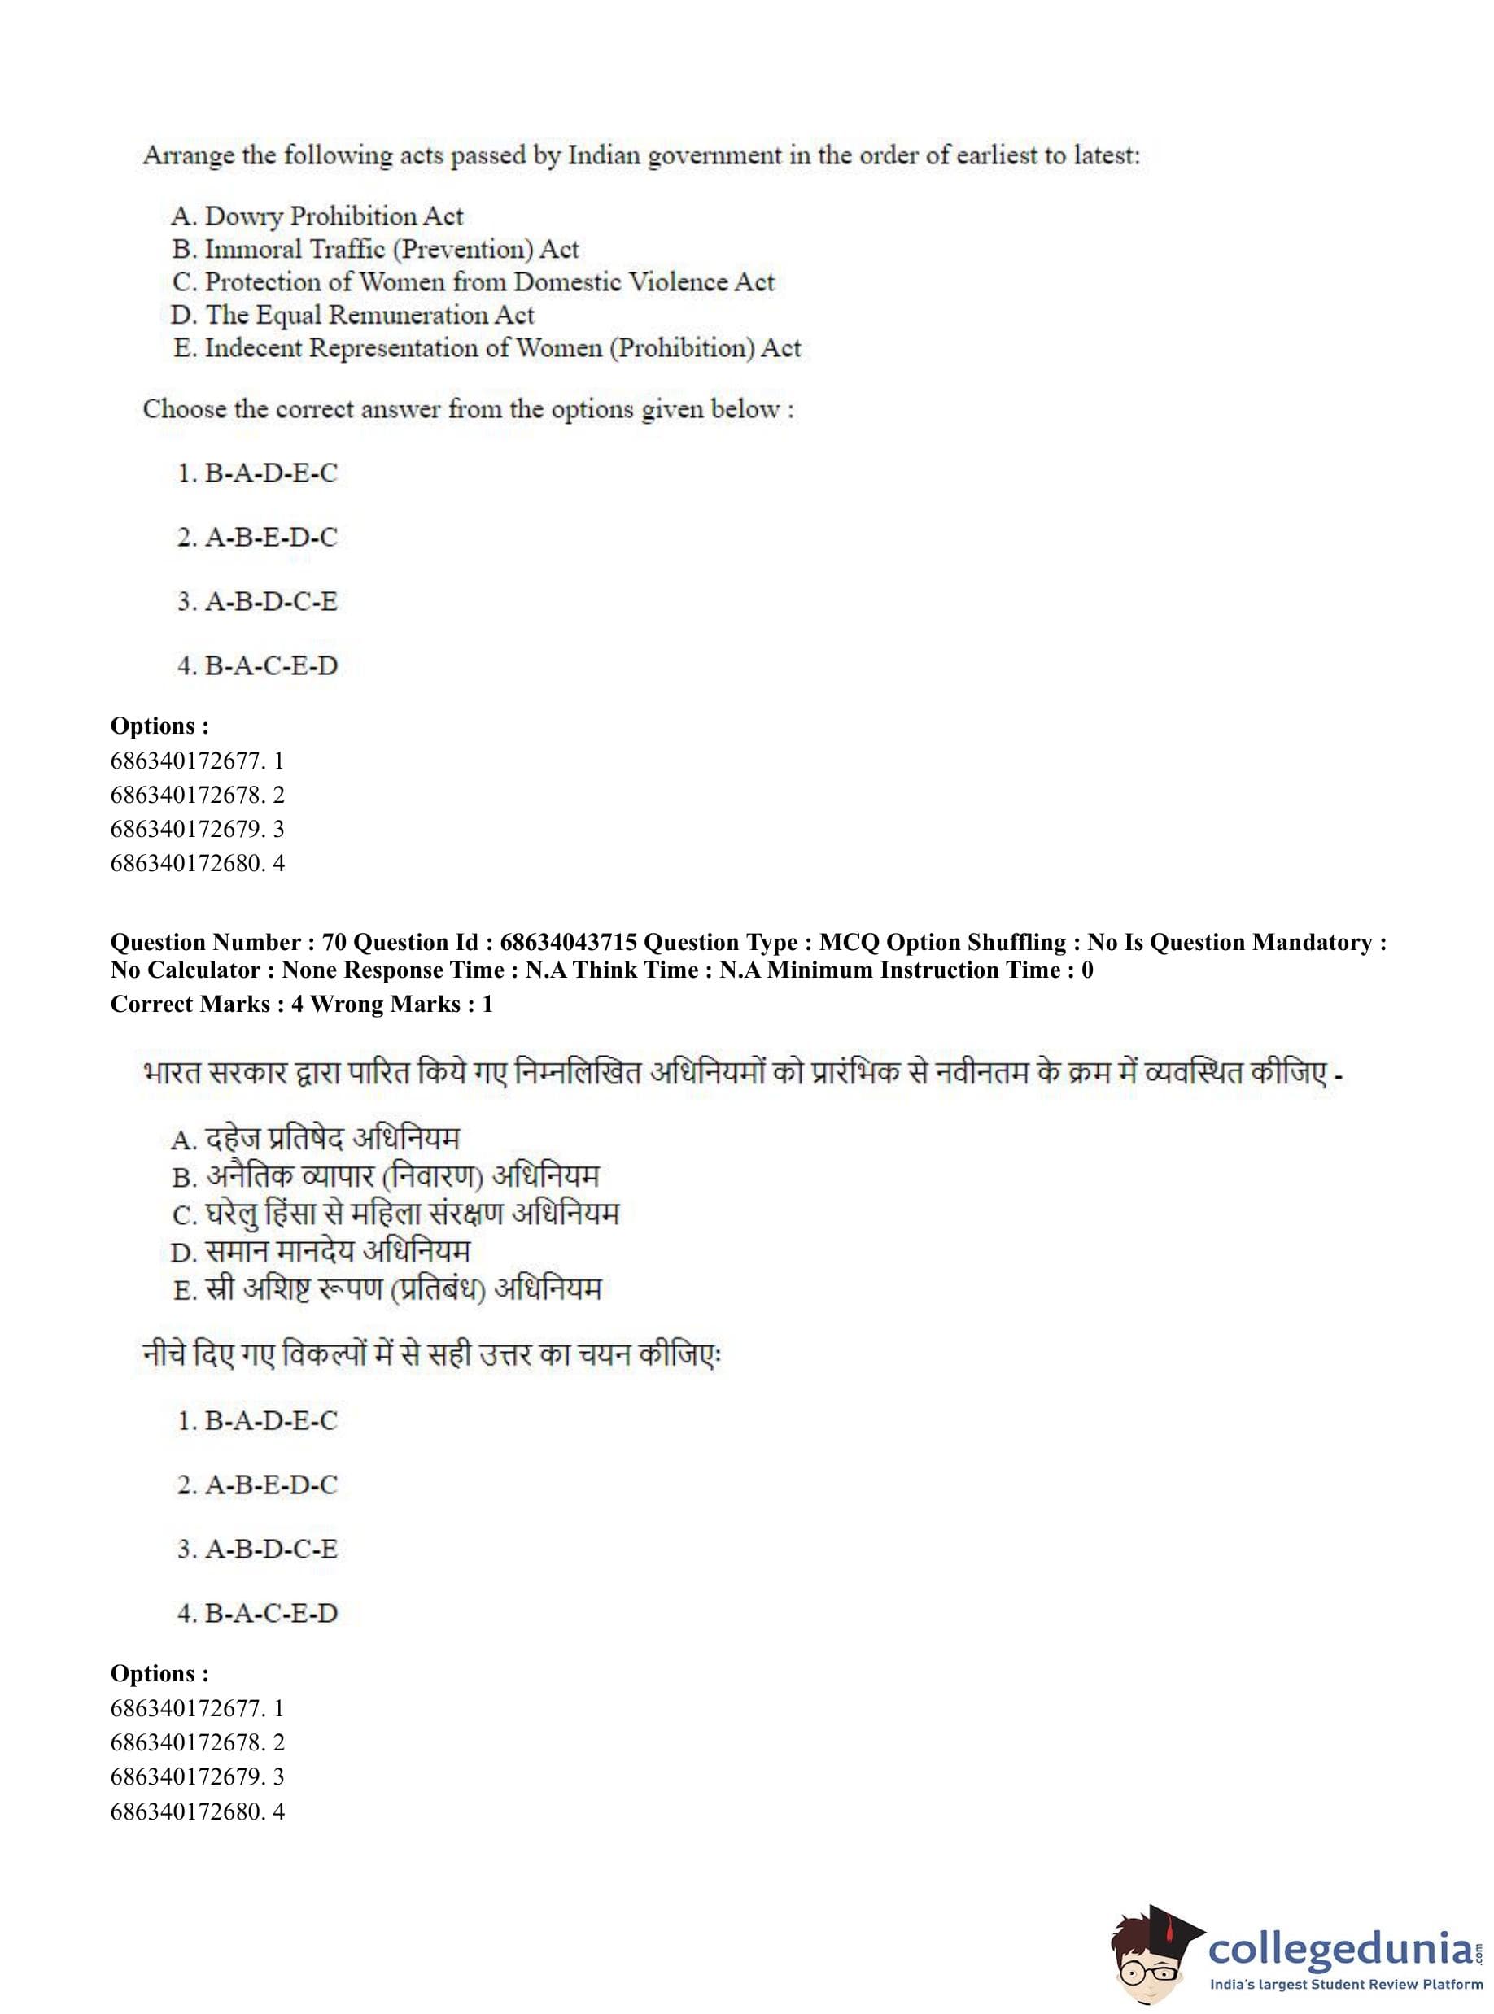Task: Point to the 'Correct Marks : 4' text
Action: [x=206, y=1004]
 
